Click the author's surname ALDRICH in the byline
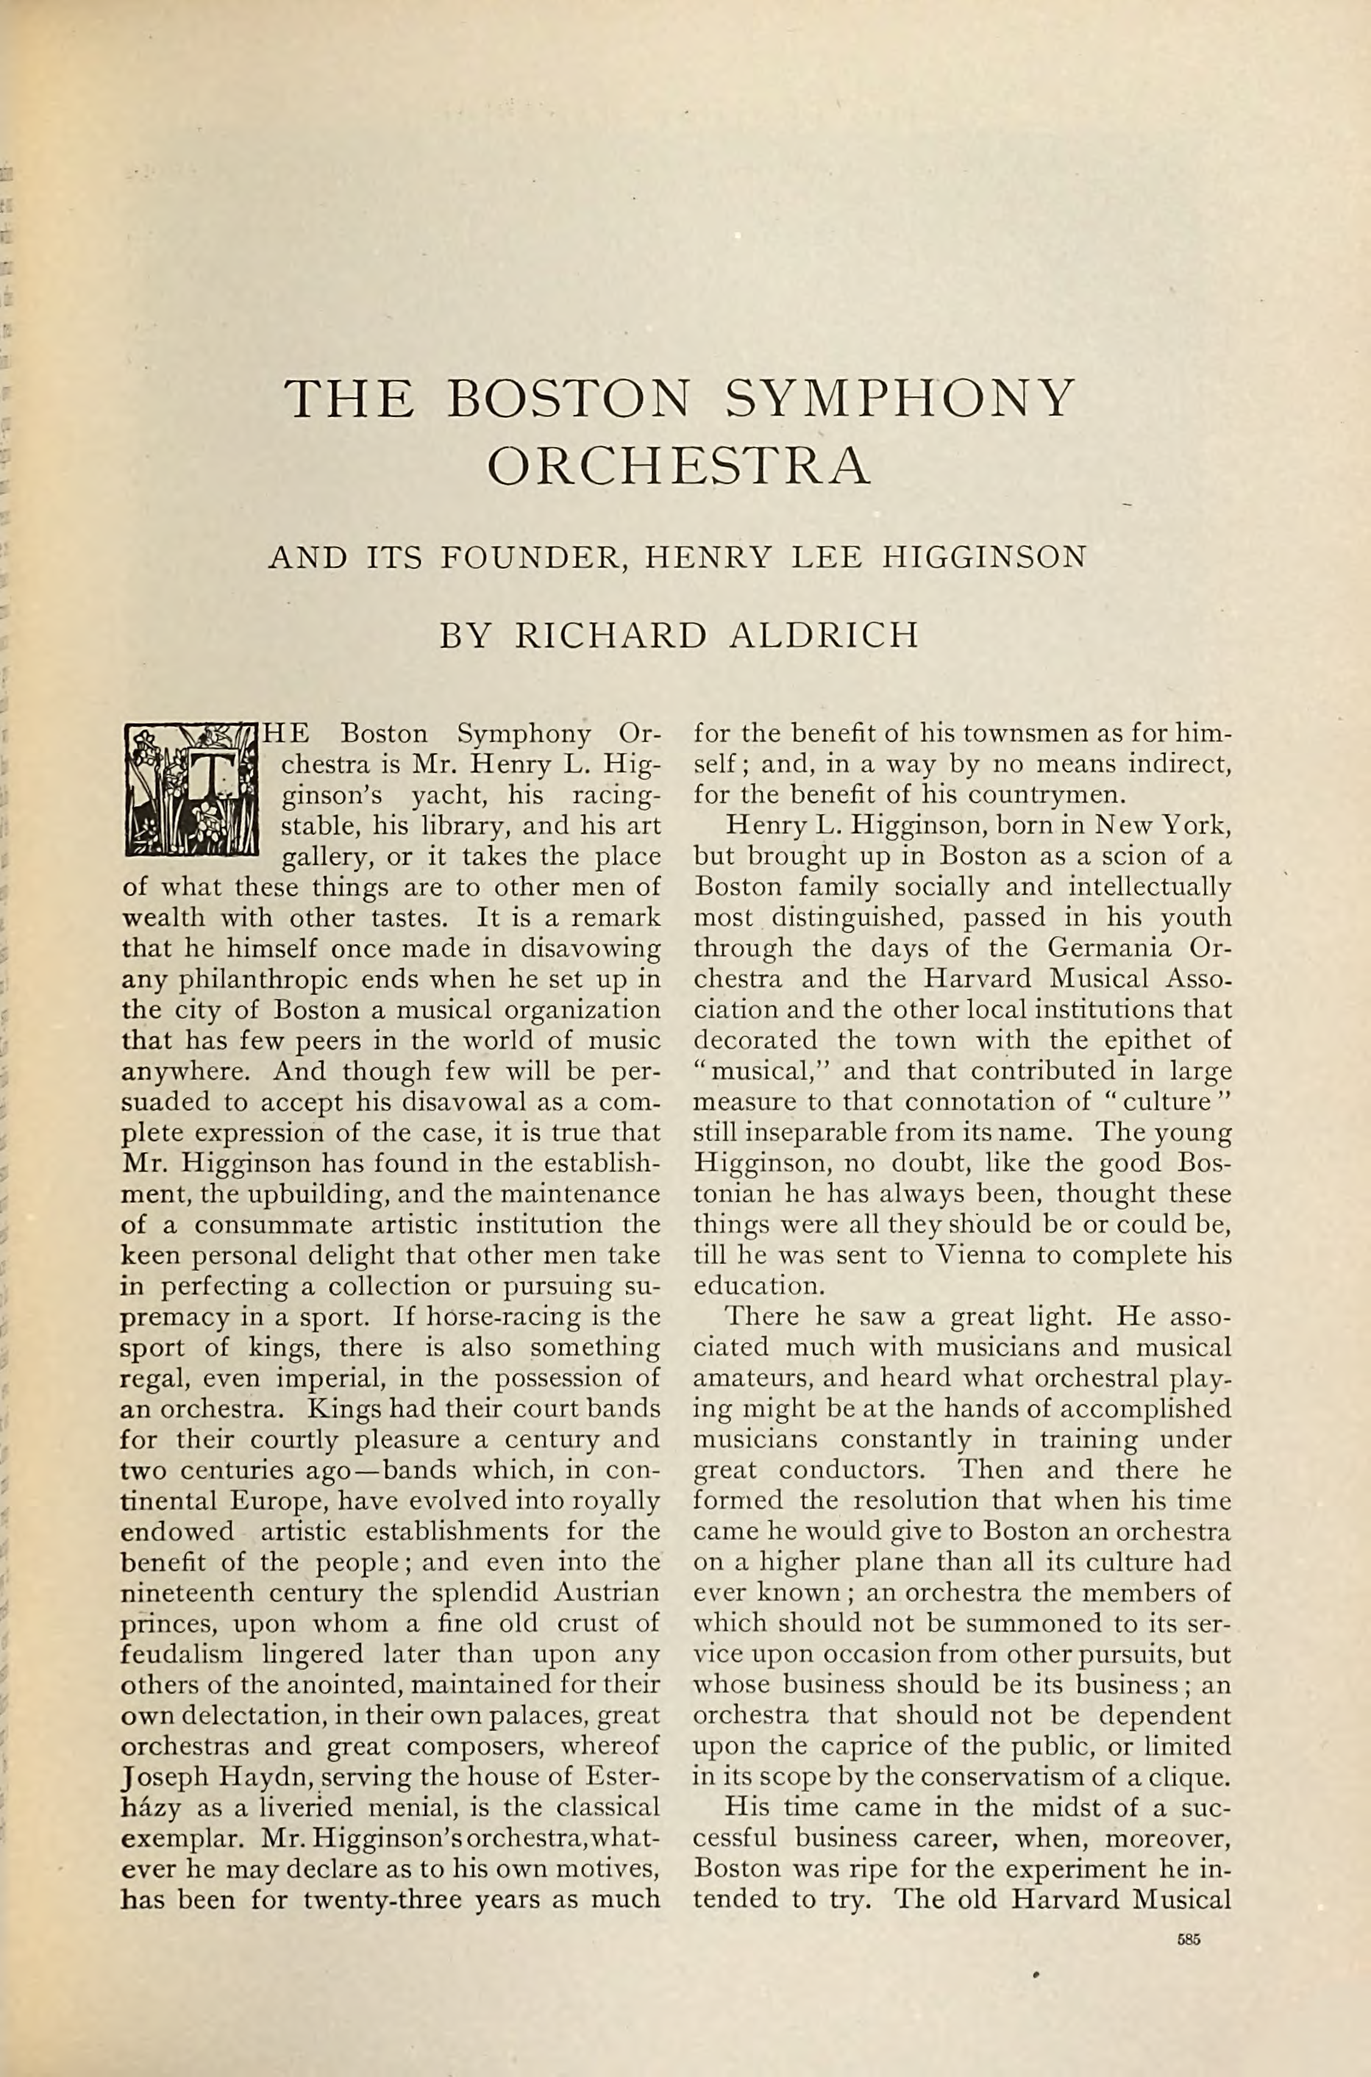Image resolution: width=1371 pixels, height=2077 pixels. coord(824,635)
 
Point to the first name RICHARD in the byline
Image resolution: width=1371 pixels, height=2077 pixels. coord(610,635)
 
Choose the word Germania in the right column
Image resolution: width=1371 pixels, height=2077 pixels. coord(1097,949)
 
